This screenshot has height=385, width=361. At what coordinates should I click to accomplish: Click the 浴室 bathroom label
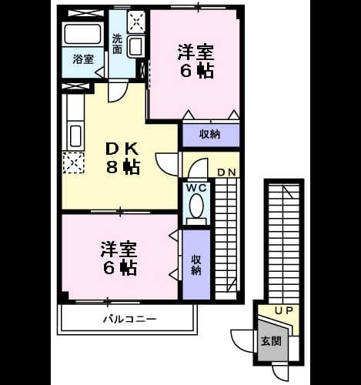83,59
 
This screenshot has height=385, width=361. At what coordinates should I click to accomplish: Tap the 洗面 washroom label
117,44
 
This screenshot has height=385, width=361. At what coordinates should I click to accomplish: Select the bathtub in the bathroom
82,34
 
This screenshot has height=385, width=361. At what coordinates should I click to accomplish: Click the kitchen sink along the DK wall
75,136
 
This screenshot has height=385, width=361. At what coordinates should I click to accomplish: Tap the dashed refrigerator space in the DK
74,162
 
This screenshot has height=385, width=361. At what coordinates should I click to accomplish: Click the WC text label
196,188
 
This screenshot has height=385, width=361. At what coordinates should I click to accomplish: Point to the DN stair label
226,172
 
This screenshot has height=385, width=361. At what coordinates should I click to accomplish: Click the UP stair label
284,311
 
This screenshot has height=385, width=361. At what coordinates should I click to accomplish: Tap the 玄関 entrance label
271,341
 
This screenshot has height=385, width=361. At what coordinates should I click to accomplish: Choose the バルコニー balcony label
129,320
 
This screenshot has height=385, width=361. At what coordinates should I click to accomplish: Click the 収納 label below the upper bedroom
210,134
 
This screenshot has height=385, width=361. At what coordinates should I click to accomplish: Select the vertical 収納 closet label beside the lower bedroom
196,265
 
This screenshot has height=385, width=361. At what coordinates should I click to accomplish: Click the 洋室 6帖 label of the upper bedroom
196,62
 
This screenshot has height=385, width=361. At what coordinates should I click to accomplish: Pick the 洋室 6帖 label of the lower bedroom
119,259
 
